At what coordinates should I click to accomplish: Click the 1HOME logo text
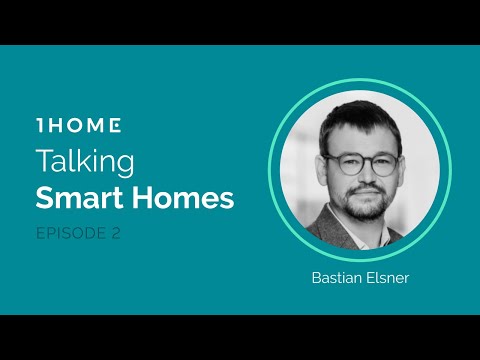tap(78, 126)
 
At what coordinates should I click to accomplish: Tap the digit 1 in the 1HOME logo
tap(39, 126)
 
